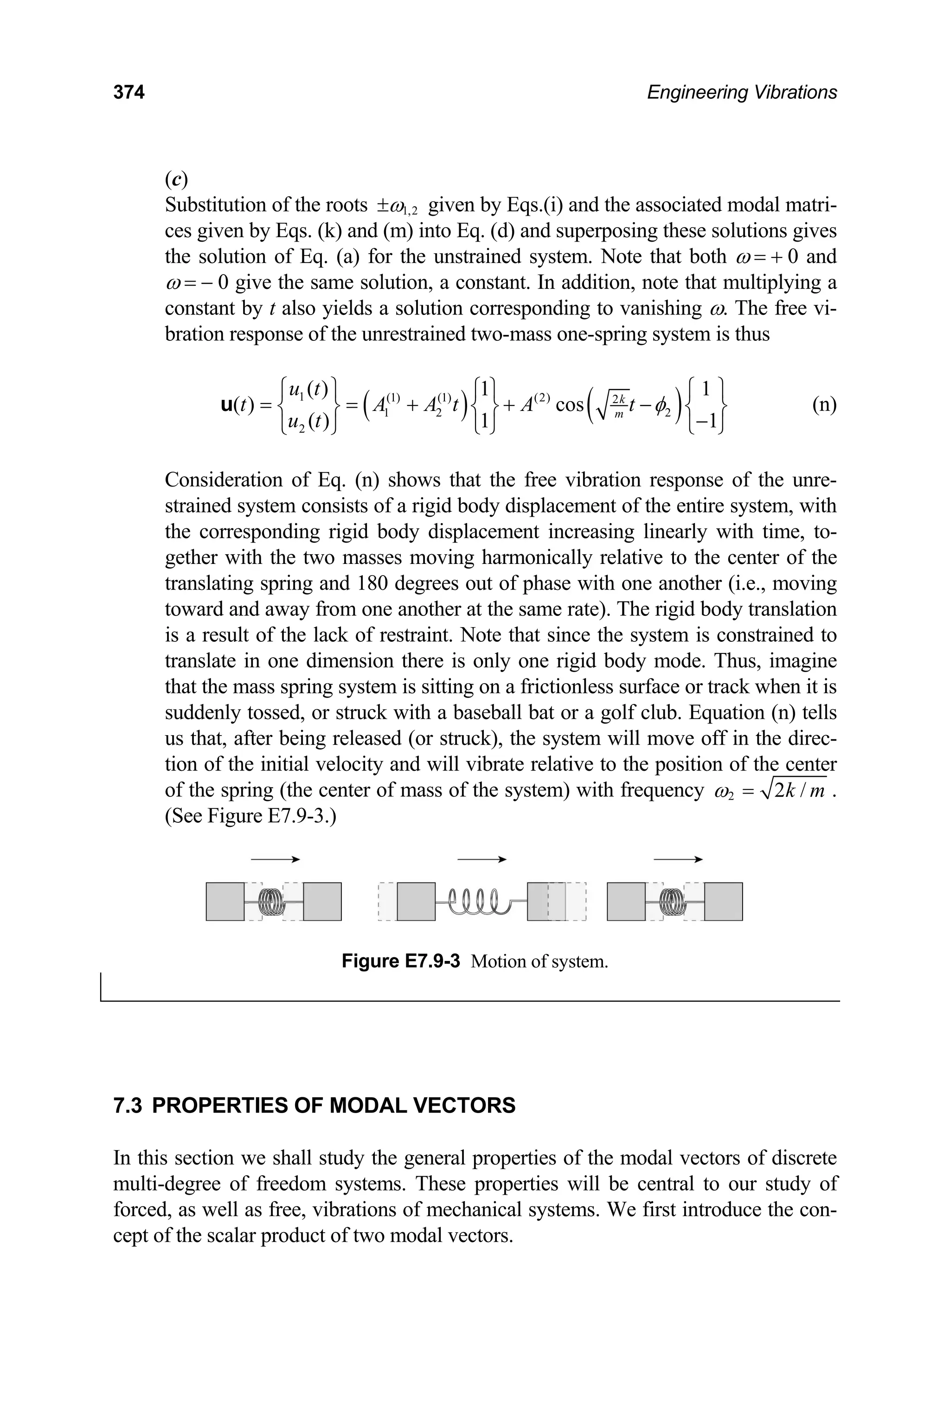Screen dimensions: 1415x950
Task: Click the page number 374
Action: pos(128,93)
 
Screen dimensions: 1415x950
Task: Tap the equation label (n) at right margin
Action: pos(824,404)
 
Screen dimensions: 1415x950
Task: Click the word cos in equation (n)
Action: pos(568,404)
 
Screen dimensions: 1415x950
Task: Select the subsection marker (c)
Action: pos(176,179)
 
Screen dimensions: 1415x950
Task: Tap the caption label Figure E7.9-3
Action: pos(400,961)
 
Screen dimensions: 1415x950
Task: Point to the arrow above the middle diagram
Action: pos(481,859)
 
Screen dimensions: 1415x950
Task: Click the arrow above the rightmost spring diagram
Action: pos(678,859)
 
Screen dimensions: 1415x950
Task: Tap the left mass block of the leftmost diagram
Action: pos(225,901)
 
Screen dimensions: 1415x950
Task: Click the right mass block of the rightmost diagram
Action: pos(724,901)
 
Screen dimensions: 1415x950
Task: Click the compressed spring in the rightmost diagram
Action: pos(673,901)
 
